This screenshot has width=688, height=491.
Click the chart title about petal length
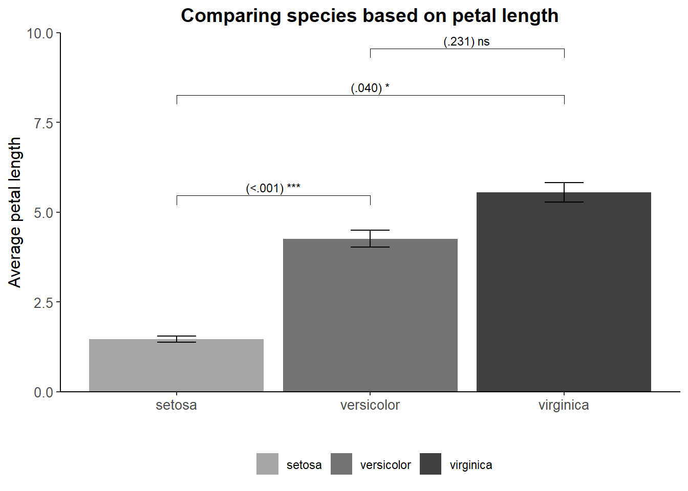click(370, 15)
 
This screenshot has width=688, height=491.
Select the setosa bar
click(176, 365)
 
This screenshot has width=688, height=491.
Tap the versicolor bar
click(370, 315)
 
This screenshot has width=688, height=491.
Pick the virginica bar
click(564, 292)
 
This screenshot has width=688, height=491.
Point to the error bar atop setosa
click(177, 339)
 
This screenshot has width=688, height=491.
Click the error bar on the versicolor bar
click(370, 238)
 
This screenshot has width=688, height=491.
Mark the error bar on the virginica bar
click(564, 192)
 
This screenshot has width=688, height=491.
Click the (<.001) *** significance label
click(273, 188)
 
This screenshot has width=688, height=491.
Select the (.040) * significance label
click(370, 88)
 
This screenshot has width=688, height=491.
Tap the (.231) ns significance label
click(466, 41)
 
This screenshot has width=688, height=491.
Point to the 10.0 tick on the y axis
click(40, 33)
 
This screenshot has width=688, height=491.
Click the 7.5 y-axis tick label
click(44, 123)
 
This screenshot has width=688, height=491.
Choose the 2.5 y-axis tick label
click(44, 303)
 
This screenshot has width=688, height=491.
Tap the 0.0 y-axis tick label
click(44, 392)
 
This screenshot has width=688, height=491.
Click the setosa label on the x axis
click(176, 405)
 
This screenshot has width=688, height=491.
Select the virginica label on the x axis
click(564, 405)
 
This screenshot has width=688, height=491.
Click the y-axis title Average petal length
click(14, 212)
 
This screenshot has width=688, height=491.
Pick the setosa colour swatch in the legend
click(268, 464)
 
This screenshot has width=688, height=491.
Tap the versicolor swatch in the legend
click(341, 464)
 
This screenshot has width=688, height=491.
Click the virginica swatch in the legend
click(431, 464)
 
